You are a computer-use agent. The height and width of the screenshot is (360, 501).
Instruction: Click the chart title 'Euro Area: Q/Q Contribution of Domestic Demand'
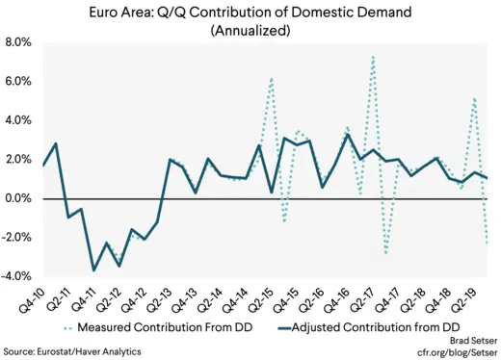click(x=250, y=13)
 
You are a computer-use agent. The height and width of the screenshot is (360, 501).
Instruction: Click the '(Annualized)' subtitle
click(x=250, y=31)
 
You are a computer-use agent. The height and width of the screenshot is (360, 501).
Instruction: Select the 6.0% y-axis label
click(x=17, y=83)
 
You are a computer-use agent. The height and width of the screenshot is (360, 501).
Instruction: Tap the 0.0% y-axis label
click(x=17, y=199)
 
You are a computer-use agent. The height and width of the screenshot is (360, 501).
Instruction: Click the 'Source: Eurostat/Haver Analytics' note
click(x=72, y=351)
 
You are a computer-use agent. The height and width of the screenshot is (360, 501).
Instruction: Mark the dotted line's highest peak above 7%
click(x=373, y=57)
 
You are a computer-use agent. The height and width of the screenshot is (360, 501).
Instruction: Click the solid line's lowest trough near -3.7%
click(x=93, y=270)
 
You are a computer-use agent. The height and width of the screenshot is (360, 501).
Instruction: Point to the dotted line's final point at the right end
click(x=487, y=244)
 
